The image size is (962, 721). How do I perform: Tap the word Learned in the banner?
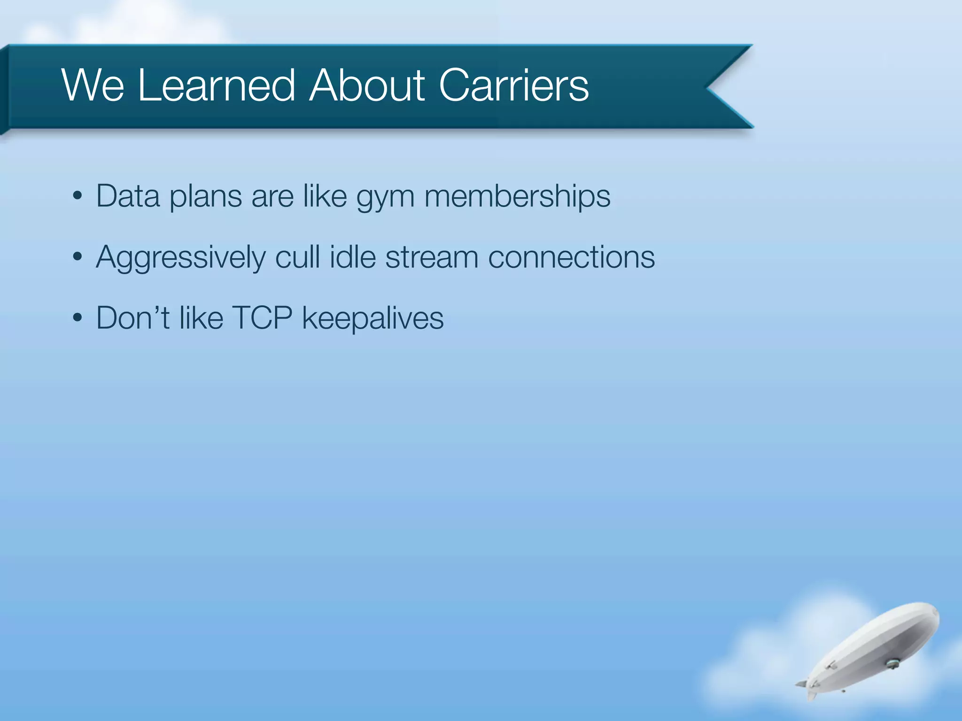(217, 85)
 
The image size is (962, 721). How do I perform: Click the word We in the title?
(93, 85)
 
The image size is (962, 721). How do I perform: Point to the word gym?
(385, 197)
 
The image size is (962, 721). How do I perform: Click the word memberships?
(517, 196)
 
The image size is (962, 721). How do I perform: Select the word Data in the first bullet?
(128, 196)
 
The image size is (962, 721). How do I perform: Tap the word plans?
(206, 197)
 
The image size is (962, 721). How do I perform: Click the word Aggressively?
(180, 258)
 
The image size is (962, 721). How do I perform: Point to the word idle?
(352, 257)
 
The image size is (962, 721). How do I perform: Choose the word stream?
(431, 258)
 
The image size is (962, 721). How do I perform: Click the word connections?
(571, 258)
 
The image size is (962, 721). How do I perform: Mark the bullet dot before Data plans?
(78, 196)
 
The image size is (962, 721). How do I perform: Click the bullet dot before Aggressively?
(78, 257)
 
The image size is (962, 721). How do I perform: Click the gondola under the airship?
(892, 664)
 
